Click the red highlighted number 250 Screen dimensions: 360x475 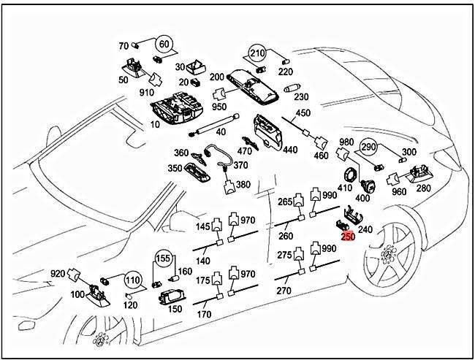[x=348, y=237]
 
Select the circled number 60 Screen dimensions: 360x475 [x=164, y=45]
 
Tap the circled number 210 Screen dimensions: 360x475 [x=257, y=53]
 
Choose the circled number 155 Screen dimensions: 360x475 [x=162, y=258]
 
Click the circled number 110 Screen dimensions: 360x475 [x=132, y=280]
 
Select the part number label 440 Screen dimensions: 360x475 [x=290, y=150]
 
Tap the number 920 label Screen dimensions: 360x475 [x=58, y=274]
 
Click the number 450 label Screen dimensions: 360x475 [x=303, y=112]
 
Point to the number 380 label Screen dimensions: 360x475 [x=243, y=184]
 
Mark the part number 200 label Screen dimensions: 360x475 [x=217, y=77]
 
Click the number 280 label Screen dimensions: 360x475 [x=423, y=188]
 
